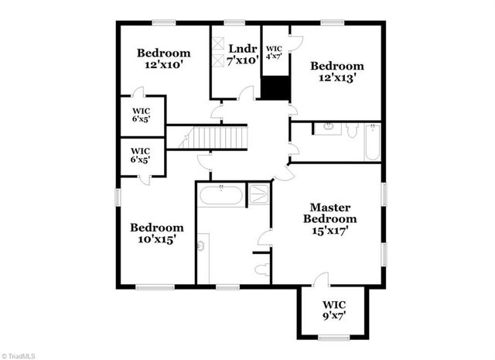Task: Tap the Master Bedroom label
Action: (330, 213)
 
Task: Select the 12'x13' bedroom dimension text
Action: (336, 79)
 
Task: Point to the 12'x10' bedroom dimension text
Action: (163, 66)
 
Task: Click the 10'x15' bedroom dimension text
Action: (156, 240)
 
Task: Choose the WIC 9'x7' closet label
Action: (334, 303)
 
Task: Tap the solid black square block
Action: (274, 87)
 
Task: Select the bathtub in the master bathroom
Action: (220, 194)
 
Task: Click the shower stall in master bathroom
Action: (257, 194)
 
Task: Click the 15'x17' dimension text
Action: (331, 230)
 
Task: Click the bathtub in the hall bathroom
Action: (372, 142)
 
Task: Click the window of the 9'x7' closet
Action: (334, 337)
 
